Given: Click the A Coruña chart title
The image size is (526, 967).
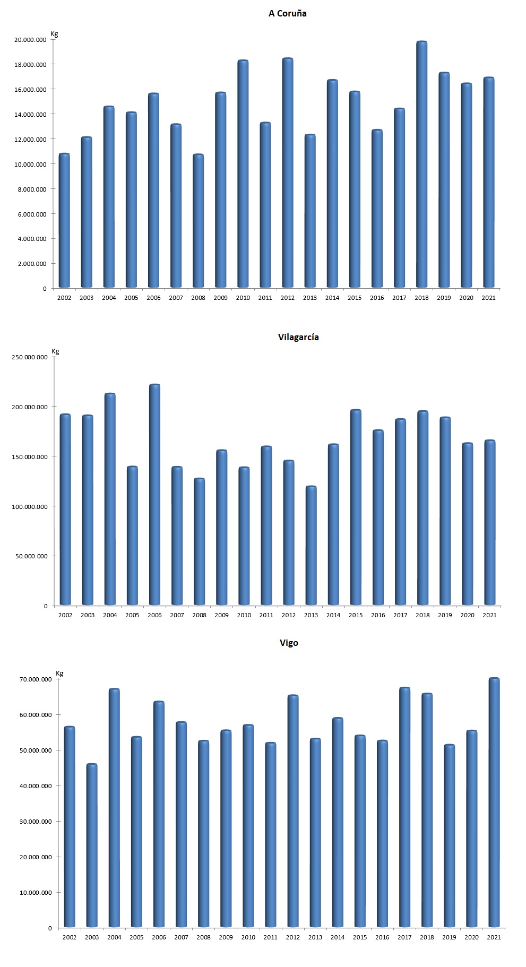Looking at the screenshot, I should pos(287,14).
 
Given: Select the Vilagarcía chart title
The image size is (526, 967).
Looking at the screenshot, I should pos(298,337).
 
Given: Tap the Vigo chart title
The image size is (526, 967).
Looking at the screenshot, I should pos(289,643).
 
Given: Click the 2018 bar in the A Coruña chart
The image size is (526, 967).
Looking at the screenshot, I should pos(421,165).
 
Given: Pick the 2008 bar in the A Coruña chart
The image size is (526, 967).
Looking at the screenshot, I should pos(198,221).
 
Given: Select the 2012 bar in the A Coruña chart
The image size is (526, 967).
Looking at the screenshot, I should pos(288,173).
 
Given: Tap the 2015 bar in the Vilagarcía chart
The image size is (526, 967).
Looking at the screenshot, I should pos(356,507).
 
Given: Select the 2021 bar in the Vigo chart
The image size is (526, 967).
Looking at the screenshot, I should pos(494,802).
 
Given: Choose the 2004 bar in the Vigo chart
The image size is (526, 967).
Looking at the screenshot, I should pos(114,808).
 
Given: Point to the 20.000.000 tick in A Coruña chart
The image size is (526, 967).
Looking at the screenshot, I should pos(31,40).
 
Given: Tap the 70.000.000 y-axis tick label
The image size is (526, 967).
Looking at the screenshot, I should pos(35,679).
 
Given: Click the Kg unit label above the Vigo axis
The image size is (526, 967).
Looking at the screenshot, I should pos(59,674).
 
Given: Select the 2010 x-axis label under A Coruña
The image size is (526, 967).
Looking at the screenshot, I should pos(243,298).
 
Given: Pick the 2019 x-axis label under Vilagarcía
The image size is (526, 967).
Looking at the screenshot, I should pos(445,615).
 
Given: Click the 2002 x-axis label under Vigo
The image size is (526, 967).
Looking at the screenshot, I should pos(70,937).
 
